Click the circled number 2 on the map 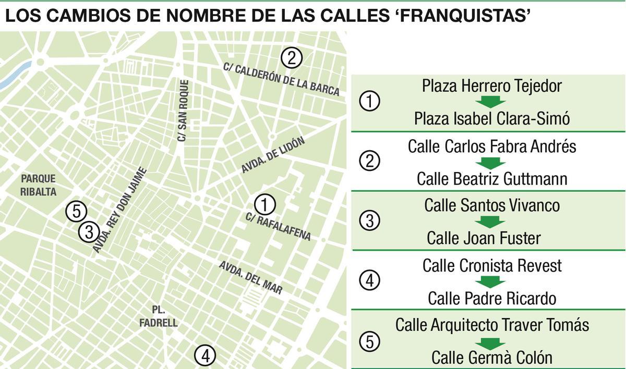[x=292, y=58]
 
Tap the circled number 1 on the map [x=265, y=204]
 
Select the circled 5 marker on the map [x=77, y=212]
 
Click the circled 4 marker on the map [x=204, y=356]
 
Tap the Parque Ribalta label [x=38, y=185]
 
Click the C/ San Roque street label [x=183, y=110]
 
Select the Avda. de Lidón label [x=272, y=155]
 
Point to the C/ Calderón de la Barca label [x=281, y=79]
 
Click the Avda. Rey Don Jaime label [x=120, y=211]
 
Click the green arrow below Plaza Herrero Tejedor [x=492, y=102]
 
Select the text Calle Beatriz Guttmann [x=492, y=179]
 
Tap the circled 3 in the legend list [x=370, y=221]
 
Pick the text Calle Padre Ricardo [x=492, y=299]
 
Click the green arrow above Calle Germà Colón [x=492, y=342]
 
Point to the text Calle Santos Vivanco [x=492, y=205]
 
